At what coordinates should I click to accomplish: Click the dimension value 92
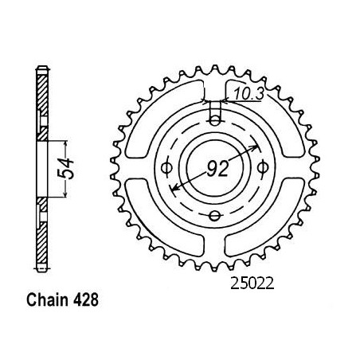[217, 169]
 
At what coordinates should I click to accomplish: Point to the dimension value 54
[65, 169]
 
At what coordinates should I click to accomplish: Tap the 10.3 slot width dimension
[248, 95]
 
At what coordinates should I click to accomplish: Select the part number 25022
[252, 284]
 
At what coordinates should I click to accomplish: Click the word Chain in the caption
[47, 300]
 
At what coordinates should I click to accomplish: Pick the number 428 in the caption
[85, 300]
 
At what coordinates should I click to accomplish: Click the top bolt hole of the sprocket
[215, 122]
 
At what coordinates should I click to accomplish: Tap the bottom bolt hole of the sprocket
[215, 216]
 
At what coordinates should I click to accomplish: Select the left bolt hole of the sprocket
[167, 168]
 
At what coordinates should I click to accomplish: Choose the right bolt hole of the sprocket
[263, 168]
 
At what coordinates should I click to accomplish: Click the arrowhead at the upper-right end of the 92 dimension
[255, 147]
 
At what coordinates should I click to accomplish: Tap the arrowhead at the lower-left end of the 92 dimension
[174, 187]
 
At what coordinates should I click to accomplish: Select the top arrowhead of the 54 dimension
[65, 144]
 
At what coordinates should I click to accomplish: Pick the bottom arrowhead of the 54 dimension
[65, 194]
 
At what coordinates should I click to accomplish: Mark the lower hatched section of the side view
[42, 231]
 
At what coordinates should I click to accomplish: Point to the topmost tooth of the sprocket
[215, 70]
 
